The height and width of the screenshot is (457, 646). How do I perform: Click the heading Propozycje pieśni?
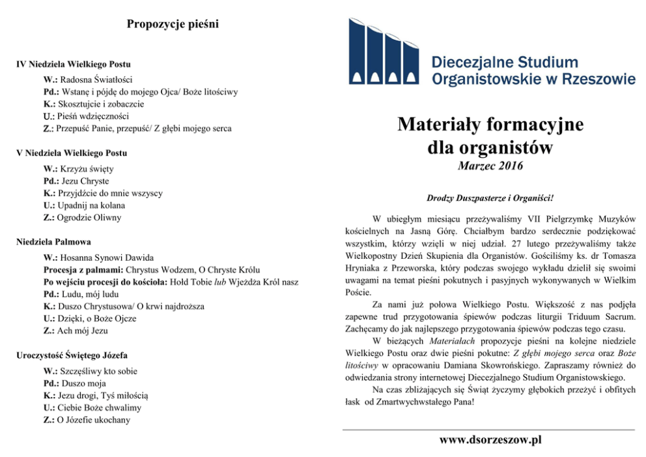[173, 25]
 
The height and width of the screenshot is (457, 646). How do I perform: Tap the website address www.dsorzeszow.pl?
[490, 440]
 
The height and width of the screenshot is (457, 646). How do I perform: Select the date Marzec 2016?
[490, 167]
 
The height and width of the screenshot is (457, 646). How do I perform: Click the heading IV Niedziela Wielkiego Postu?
[73, 65]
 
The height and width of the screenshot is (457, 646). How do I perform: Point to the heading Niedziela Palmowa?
[54, 241]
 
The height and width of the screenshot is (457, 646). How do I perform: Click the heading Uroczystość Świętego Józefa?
[72, 355]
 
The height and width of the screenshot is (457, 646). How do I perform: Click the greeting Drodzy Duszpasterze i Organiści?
[490, 197]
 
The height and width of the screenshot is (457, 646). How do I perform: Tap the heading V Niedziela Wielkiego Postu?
[71, 153]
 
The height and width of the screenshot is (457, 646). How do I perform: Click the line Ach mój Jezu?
[83, 331]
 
